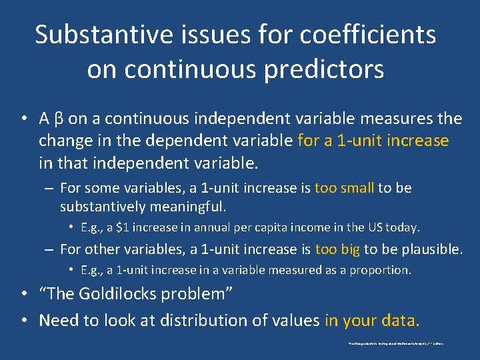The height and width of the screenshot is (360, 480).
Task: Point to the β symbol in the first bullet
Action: (59, 119)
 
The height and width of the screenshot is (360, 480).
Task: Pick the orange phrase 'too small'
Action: (344, 188)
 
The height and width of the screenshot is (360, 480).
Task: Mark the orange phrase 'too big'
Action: (337, 249)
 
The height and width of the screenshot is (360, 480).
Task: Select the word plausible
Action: (431, 249)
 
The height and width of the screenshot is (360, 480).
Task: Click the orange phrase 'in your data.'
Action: (372, 321)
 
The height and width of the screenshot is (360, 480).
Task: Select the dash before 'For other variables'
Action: (49, 249)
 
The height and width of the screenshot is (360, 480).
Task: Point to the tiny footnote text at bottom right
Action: (396, 344)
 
